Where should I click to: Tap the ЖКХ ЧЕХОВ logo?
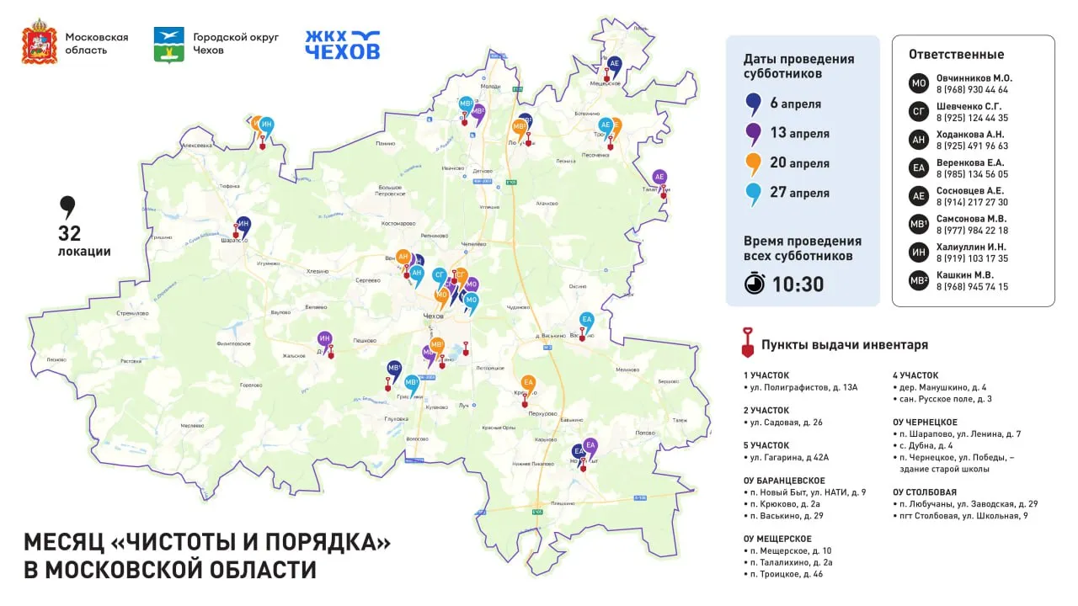pyautogui.click(x=342, y=45)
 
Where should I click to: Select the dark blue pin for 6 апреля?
pyautogui.click(x=753, y=104)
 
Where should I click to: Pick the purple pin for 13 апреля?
pyautogui.click(x=753, y=134)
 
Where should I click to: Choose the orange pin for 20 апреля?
pyautogui.click(x=753, y=163)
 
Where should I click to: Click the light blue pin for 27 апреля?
pyautogui.click(x=753, y=194)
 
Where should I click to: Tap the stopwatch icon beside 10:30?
pyautogui.click(x=755, y=284)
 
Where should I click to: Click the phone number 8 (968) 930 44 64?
pyautogui.click(x=972, y=90)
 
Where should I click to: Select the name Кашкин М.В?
pyautogui.click(x=965, y=274)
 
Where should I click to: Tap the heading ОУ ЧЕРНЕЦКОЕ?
pyautogui.click(x=925, y=423)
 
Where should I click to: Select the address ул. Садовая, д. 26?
pyautogui.click(x=787, y=423)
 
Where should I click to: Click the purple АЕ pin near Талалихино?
pyautogui.click(x=660, y=178)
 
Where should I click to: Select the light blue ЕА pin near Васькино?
pyautogui.click(x=587, y=321)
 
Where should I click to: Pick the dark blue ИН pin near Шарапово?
pyautogui.click(x=243, y=225)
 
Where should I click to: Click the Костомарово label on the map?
pyautogui.click(x=398, y=224)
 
